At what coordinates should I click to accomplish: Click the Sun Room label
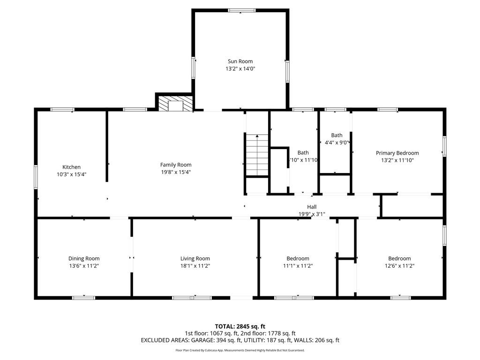point(240,61)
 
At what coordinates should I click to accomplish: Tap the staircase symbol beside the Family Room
point(257,154)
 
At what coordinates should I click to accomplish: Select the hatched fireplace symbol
point(175,104)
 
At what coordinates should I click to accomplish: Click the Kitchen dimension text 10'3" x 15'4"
point(72,174)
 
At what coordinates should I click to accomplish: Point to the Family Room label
point(176,165)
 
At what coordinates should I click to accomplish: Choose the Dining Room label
point(84,258)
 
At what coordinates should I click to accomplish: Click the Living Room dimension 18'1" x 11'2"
point(195,266)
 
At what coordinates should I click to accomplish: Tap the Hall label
point(312,207)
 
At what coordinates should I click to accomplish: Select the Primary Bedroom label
point(397,153)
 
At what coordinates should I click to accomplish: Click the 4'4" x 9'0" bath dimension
point(337,142)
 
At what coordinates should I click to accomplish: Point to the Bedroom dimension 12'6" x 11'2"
point(399,266)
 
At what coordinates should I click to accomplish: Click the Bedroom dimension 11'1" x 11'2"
point(298,266)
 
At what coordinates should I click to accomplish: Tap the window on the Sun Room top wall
point(241,10)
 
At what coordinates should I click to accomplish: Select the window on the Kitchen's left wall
point(36,177)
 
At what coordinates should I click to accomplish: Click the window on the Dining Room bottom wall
point(83,298)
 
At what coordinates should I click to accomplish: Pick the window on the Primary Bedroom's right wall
point(444,146)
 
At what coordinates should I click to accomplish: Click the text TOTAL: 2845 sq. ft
point(240,326)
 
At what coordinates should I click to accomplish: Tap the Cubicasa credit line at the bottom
point(240,350)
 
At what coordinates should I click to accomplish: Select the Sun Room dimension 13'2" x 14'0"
point(240,68)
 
